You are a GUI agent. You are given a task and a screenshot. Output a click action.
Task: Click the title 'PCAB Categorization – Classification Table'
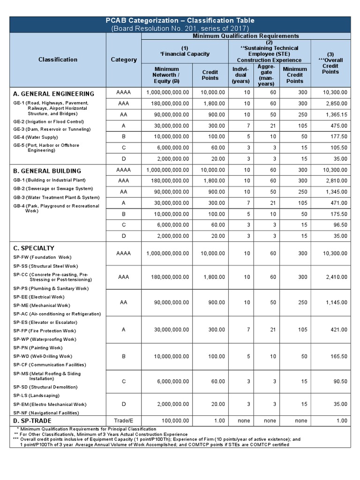click(180, 21)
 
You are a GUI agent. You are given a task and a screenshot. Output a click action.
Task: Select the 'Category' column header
click(124, 60)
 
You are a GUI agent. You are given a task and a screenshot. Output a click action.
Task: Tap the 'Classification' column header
click(58, 60)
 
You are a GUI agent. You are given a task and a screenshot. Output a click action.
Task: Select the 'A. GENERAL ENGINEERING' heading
click(53, 94)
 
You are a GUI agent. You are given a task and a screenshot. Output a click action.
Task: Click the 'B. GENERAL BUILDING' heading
click(47, 171)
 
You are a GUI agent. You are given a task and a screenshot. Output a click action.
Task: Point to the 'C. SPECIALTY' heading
click(34, 248)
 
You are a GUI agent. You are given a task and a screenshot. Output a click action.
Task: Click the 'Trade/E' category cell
click(124, 421)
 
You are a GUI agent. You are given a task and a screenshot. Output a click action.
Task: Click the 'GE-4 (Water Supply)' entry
click(36, 137)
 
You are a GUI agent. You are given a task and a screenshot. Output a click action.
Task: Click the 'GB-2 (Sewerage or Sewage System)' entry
click(53, 188)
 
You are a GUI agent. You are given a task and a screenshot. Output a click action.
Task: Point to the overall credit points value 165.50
click(336, 356)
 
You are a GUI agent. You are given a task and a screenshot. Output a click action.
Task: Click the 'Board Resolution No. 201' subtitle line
click(180, 29)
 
